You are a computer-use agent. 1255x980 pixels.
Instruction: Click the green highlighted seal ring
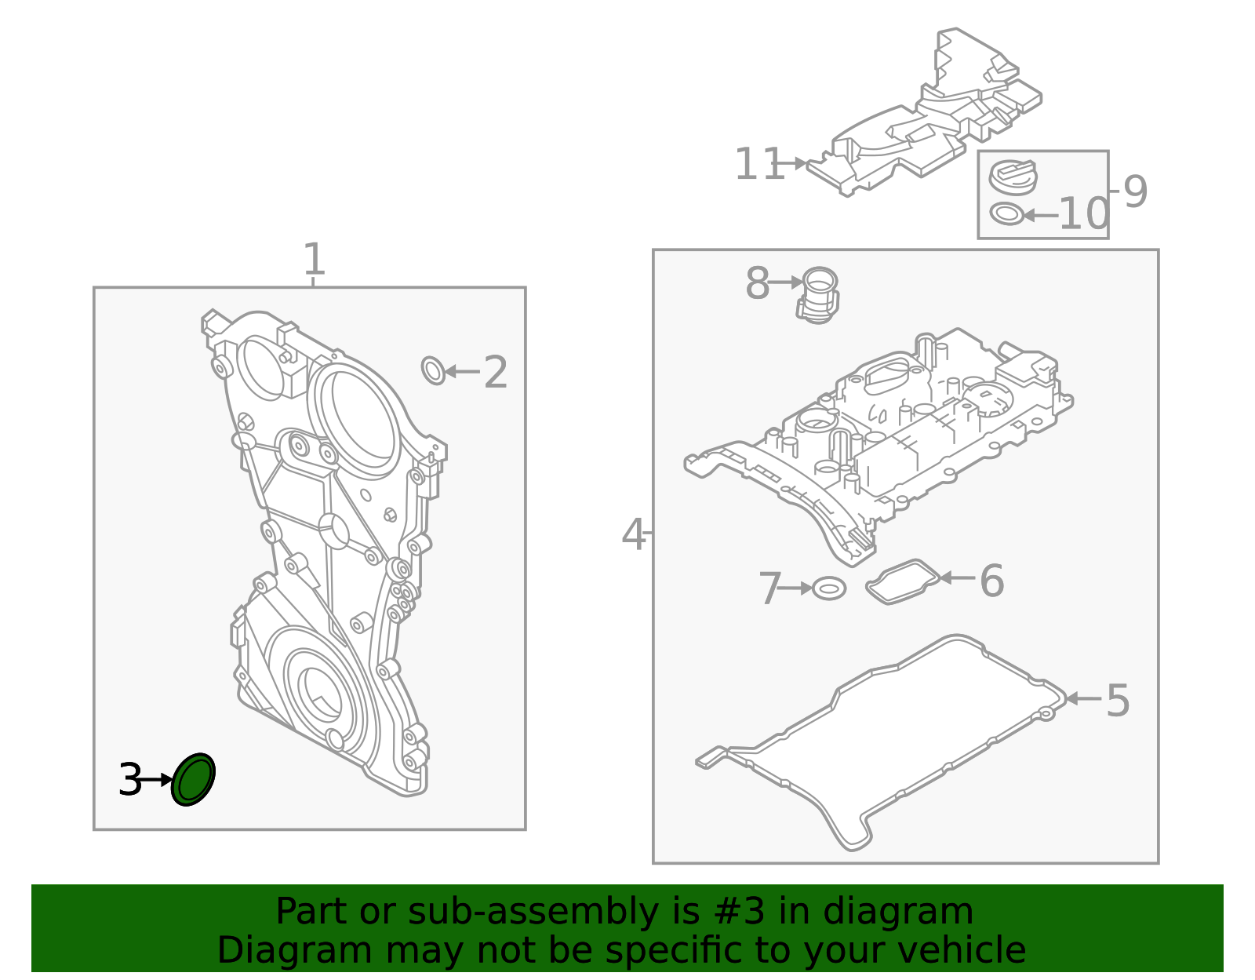[193, 779]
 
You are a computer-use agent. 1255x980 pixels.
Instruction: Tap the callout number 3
[130, 781]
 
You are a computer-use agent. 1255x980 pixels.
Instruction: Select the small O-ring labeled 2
[433, 370]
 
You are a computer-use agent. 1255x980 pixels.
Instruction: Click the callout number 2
[495, 373]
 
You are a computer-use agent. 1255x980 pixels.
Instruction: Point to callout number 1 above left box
[313, 260]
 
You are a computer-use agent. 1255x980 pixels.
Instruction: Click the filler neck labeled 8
[818, 294]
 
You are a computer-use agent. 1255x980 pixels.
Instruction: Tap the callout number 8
[757, 283]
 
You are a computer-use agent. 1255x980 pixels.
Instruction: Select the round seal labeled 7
[829, 588]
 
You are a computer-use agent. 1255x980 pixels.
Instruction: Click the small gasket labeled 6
[902, 581]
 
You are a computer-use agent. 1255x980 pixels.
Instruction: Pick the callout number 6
[991, 581]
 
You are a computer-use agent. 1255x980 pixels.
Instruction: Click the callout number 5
[1117, 700]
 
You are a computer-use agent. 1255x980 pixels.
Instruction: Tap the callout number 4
[633, 535]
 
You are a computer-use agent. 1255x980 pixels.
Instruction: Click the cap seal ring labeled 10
[1006, 213]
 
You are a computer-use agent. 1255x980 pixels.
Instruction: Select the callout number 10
[1083, 213]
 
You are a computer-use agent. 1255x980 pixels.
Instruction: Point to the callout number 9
[1135, 191]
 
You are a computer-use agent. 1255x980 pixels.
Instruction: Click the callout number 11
[758, 165]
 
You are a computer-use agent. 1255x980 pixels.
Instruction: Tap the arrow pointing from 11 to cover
[795, 163]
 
